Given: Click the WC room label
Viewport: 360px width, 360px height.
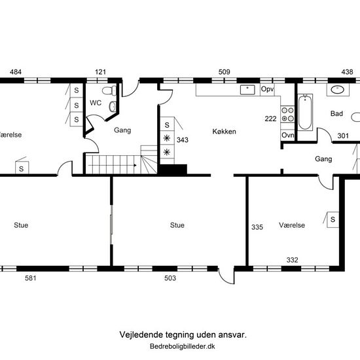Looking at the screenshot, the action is [96, 103].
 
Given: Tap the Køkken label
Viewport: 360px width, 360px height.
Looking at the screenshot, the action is [224, 132].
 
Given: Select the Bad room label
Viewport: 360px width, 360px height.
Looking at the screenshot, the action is [336, 113].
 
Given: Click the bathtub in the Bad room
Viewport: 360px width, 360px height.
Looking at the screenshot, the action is [305, 113].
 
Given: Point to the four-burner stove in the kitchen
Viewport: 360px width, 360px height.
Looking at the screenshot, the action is [287, 115].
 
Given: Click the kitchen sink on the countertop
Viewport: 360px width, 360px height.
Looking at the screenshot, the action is [247, 90].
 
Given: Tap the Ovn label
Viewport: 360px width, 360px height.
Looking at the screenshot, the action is [287, 135].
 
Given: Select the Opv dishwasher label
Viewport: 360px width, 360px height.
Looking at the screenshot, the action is [268, 89].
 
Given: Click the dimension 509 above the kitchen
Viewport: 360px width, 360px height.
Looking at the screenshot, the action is [224, 72].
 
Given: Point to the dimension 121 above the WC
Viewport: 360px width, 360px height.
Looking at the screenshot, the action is [101, 72].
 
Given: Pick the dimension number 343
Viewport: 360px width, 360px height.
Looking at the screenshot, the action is [183, 140].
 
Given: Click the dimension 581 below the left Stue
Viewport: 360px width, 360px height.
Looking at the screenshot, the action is [31, 278].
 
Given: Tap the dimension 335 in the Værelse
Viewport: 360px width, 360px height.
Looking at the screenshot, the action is [257, 227].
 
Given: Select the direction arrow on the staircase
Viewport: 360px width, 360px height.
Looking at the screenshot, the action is [113, 166].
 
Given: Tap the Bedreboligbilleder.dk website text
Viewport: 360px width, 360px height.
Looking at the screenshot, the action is [183, 346].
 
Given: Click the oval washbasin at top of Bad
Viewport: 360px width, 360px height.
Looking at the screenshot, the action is [337, 90].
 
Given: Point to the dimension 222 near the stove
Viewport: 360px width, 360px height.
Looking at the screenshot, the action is [270, 118].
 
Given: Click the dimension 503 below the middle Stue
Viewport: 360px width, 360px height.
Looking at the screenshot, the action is [170, 278].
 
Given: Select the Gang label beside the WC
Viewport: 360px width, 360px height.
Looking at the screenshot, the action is [122, 130].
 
